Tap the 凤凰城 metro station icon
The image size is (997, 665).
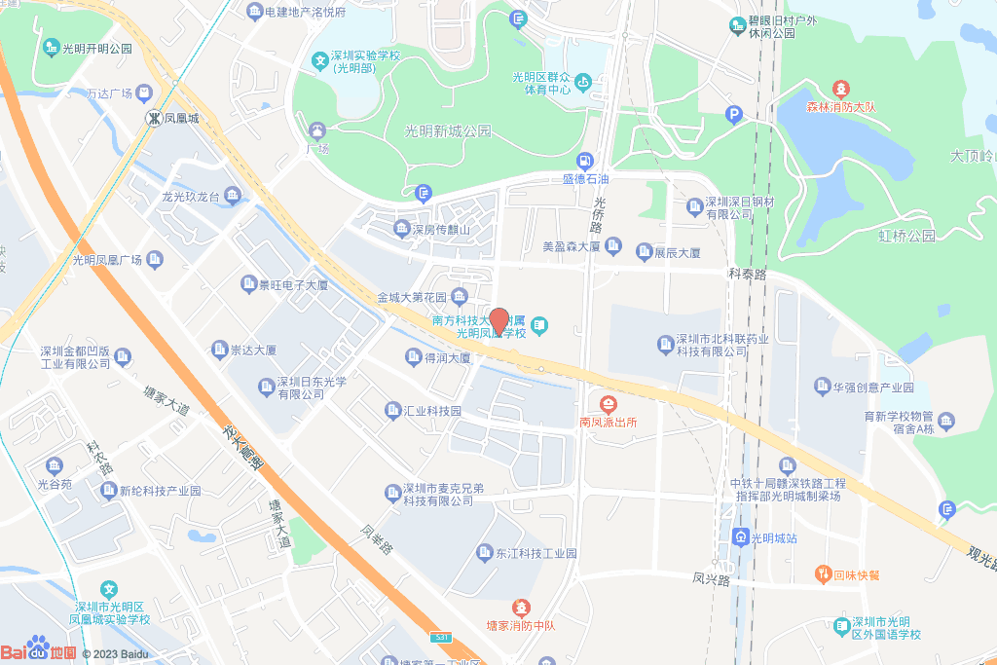pos(153,118)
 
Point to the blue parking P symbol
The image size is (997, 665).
pos(734,116)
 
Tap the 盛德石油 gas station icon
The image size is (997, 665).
pos(585,161)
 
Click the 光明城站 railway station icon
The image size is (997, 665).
pos(741,536)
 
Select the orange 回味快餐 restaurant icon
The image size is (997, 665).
pos(823,573)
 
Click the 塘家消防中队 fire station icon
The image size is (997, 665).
pos(521,607)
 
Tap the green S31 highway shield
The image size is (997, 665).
pos(442,637)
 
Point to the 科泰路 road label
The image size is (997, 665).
pos(747,276)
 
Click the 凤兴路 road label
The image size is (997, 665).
pos(711,580)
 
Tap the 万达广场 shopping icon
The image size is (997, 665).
pos(145,94)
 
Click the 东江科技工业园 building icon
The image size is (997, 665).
pos(484,553)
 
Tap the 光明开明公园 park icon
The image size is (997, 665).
pos(51,47)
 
